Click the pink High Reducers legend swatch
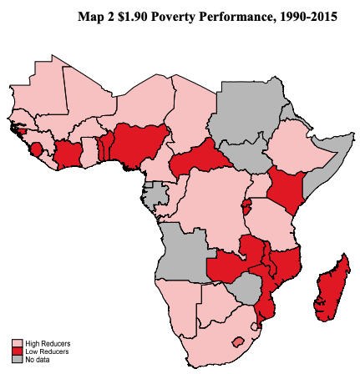pyautogui.click(x=17, y=343)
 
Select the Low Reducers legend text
pyautogui.click(x=47, y=351)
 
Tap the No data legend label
pyautogui.click(x=37, y=359)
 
